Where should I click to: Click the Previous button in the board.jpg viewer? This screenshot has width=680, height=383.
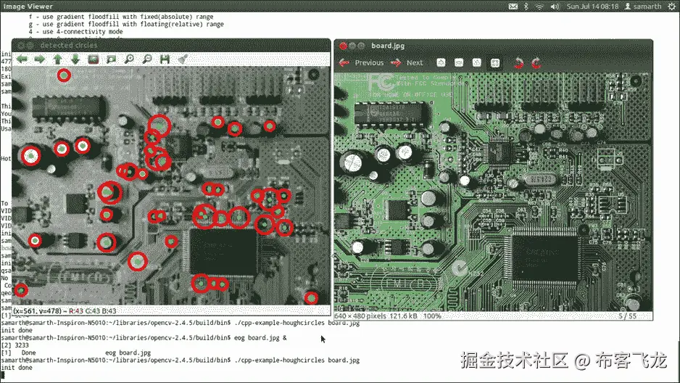[x=362, y=63]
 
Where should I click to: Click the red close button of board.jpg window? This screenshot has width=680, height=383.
[x=343, y=46]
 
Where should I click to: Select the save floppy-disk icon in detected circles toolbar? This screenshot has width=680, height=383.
[x=165, y=59]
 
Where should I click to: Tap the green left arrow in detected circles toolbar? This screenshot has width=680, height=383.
[x=22, y=59]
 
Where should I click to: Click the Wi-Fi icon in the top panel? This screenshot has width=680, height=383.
[x=539, y=6]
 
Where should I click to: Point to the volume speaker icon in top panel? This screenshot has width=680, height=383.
[x=556, y=6]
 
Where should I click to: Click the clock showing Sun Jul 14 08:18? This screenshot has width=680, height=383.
[x=593, y=6]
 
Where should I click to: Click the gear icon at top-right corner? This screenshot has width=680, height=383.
[x=671, y=6]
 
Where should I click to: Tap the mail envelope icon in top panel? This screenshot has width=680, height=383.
[x=514, y=6]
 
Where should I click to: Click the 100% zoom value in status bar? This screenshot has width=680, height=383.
[x=432, y=316]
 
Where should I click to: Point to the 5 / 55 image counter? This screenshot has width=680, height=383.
[x=627, y=316]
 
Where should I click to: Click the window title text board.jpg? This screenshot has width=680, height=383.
[x=387, y=46]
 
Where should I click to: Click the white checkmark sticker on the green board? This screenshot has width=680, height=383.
[x=458, y=270]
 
